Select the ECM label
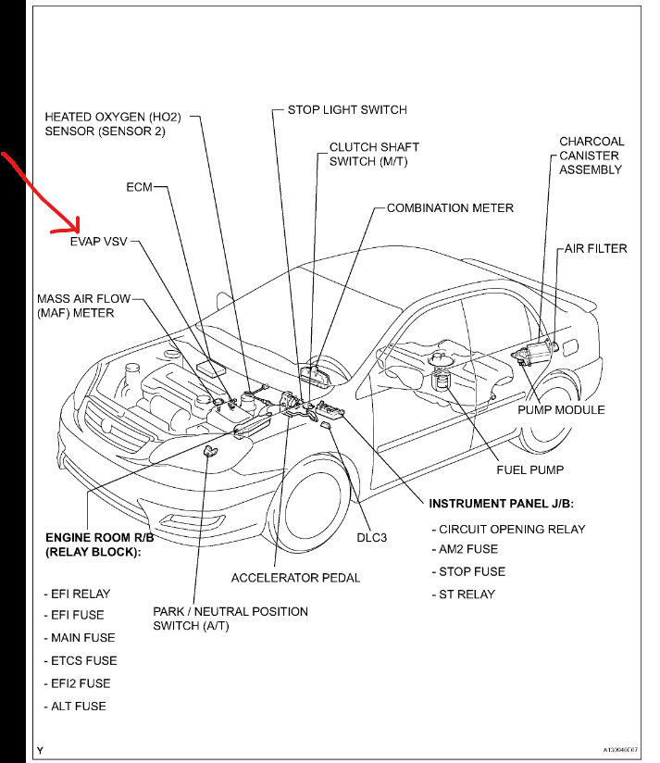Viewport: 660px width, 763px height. (x=139, y=187)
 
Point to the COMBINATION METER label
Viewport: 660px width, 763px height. (x=450, y=208)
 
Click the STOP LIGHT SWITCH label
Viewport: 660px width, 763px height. (x=347, y=109)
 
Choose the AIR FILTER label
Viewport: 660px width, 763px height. (x=596, y=248)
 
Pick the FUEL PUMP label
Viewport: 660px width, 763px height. (x=529, y=469)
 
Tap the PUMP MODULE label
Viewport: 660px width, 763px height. (x=561, y=409)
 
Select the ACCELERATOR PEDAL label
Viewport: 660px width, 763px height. (x=295, y=578)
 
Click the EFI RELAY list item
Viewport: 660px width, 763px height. (x=76, y=594)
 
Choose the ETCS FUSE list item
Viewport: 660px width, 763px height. (x=81, y=661)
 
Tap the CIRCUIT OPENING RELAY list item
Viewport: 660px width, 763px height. (x=512, y=529)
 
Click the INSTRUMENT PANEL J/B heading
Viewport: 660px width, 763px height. (x=502, y=503)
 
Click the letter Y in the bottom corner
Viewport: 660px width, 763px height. (x=40, y=749)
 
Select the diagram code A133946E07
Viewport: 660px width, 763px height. (x=618, y=750)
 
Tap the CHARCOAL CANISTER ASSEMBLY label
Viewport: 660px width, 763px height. (x=592, y=156)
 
